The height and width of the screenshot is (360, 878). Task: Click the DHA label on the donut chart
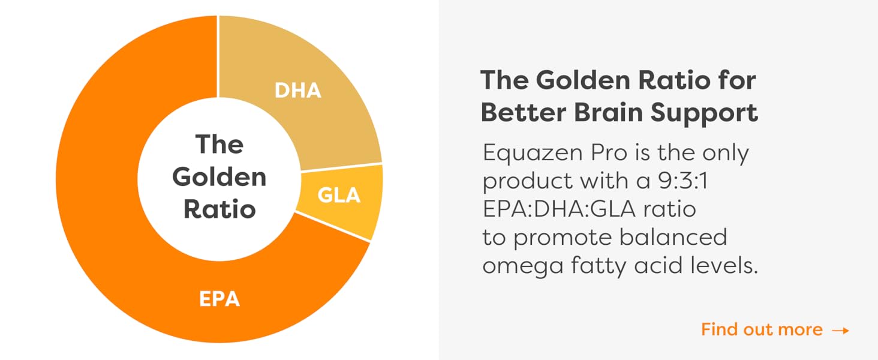[x=297, y=90]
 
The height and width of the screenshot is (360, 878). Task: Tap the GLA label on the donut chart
[x=338, y=195]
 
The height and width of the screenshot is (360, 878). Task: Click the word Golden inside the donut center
[x=219, y=177]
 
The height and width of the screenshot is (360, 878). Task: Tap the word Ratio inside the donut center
[x=219, y=209]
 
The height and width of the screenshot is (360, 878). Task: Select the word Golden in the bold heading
[x=573, y=80]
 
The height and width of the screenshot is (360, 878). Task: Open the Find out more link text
[x=762, y=329]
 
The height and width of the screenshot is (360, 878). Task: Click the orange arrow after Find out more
[x=841, y=330]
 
